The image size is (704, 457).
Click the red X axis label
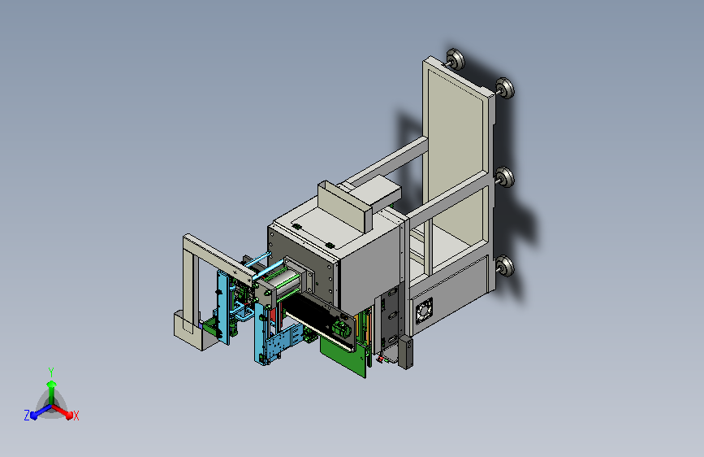pyautogui.click(x=76, y=416)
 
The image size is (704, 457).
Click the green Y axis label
pyautogui.click(x=51, y=372)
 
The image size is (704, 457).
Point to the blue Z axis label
pyautogui.click(x=27, y=416)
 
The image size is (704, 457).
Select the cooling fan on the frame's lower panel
pyautogui.click(x=425, y=311)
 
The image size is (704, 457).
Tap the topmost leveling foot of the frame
pyautogui.click(x=455, y=59)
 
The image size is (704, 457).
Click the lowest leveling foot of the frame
pyautogui.click(x=506, y=266)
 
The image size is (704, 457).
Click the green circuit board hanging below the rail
pyautogui.click(x=343, y=356)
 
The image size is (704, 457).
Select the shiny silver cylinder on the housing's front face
pyautogui.click(x=287, y=281)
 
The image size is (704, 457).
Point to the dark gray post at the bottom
pyautogui.click(x=405, y=352)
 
